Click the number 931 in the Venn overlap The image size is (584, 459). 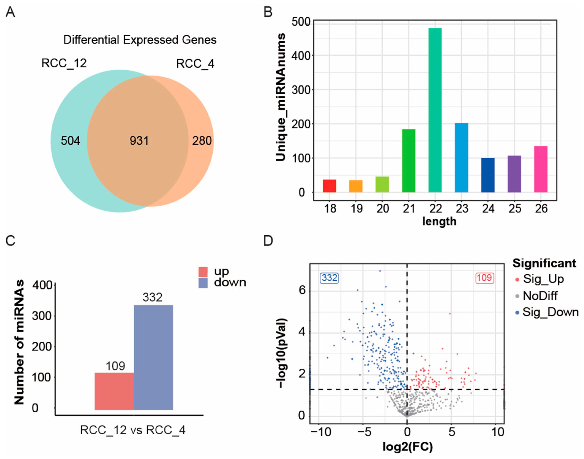click(139, 141)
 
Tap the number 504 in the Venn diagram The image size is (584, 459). click(71, 141)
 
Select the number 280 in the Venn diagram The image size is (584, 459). click(202, 141)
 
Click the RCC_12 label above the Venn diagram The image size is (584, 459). click(64, 63)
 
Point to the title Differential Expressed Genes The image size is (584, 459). click(140, 40)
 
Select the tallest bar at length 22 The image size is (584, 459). click(435, 110)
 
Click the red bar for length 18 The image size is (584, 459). click(329, 186)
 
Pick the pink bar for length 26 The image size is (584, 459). click(541, 169)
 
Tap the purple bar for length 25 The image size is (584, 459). click(514, 174)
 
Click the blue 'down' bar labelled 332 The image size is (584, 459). click(153, 357)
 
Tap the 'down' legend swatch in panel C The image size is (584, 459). click(203, 283)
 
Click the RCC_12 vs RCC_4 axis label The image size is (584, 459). click(133, 430)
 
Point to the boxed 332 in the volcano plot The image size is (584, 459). click(329, 278)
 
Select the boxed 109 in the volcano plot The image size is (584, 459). click(485, 278)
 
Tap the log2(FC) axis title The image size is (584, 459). click(408, 447)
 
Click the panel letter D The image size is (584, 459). click(268, 240)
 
